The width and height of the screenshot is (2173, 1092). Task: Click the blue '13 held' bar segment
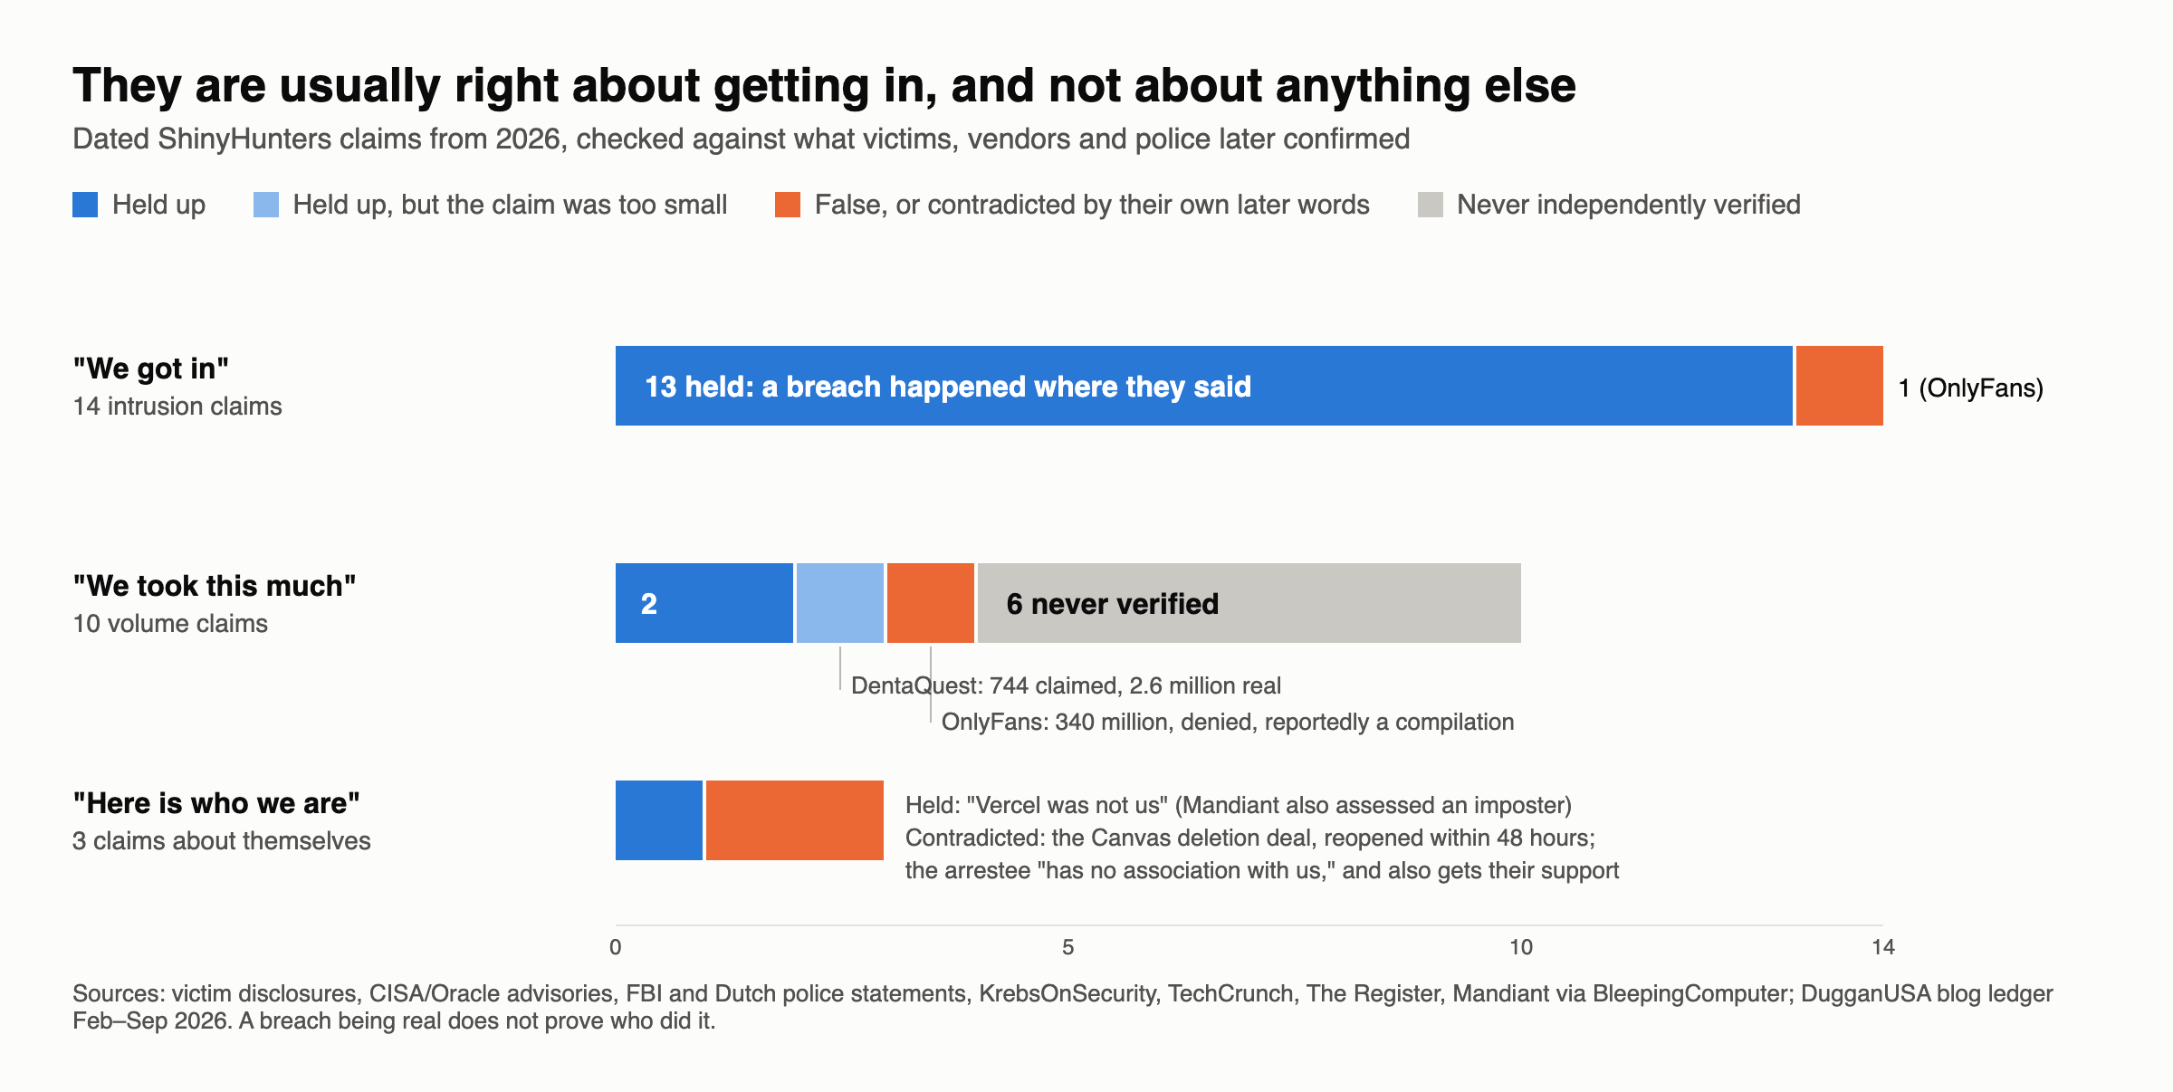1203,386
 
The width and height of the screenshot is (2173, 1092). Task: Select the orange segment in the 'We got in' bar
1840,386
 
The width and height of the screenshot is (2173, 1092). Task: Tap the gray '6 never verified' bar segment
1249,603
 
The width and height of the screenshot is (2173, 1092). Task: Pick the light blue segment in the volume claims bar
840,603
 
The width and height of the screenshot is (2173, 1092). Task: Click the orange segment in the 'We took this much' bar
931,603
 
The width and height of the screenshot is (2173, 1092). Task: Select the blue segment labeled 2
704,603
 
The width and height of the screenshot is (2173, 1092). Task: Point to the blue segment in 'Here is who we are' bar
659,820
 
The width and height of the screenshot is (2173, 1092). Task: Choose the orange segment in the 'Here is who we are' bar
795,820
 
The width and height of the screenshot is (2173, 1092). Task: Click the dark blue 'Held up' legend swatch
85,205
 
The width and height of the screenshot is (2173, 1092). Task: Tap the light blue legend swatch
266,205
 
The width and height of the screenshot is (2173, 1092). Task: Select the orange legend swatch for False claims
788,205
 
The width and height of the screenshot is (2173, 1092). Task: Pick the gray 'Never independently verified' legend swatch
1431,205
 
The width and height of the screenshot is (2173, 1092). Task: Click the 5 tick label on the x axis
1068,947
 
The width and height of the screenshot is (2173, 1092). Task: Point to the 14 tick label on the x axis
1883,947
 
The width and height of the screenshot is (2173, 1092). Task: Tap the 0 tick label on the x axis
616,947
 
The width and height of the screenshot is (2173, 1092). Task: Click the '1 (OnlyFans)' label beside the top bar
1971,388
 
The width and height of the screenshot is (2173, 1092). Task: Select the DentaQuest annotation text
1067,685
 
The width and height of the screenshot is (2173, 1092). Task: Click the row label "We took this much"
215,586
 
